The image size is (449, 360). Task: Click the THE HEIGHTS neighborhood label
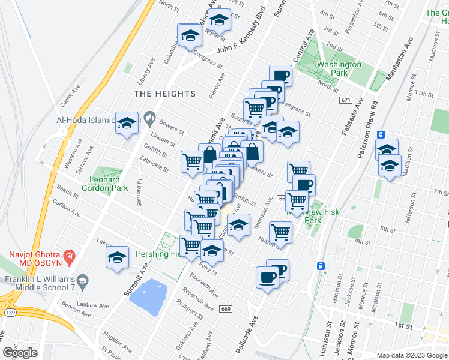[164, 94]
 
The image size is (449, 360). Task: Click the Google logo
[20, 353]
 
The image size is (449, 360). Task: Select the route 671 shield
[345, 100]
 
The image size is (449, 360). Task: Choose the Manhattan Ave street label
[400, 60]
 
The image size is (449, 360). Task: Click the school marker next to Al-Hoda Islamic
[127, 122]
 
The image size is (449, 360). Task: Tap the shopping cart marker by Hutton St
[280, 232]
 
